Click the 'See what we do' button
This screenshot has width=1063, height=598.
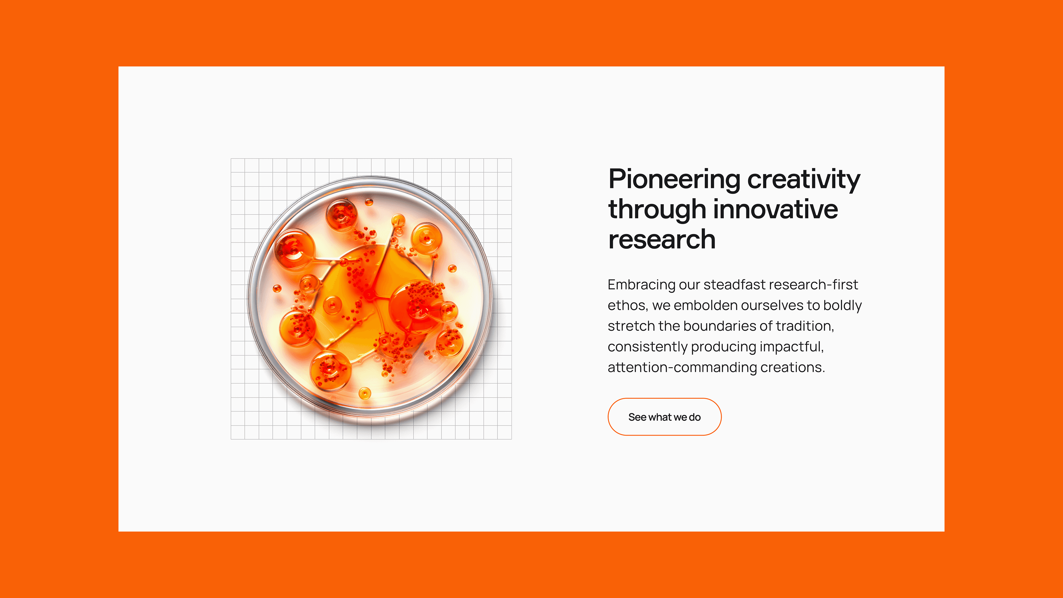(664, 417)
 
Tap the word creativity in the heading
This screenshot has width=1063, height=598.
(804, 180)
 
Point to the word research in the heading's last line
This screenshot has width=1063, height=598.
(662, 239)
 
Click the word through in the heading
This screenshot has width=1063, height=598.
(657, 210)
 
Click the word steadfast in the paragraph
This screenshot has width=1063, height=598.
(735, 284)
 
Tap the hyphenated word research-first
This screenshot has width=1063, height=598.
(813, 284)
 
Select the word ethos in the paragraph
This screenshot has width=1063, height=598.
(627, 305)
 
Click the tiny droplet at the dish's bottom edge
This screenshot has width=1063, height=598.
(365, 393)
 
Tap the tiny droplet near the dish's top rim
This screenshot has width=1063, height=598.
(369, 202)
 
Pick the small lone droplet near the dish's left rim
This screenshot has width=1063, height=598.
(277, 288)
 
